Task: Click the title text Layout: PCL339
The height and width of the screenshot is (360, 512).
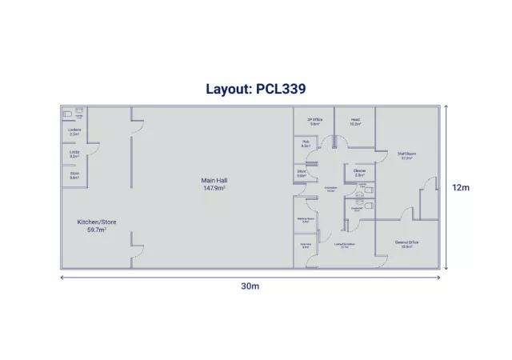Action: click(x=255, y=89)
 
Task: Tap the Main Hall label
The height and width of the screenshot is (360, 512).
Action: click(x=213, y=181)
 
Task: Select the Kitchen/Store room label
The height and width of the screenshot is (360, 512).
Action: click(x=91, y=222)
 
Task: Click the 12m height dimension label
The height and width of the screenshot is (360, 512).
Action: click(x=460, y=187)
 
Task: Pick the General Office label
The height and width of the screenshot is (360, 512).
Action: click(x=407, y=242)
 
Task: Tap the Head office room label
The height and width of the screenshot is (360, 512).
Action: click(x=355, y=120)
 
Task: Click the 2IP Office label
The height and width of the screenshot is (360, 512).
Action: click(x=314, y=120)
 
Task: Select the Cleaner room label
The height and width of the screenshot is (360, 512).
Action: click(x=360, y=170)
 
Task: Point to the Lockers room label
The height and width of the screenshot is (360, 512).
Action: click(x=74, y=130)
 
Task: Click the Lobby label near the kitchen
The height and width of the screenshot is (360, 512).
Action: click(x=74, y=150)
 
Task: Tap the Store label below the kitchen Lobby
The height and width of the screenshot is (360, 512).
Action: click(x=74, y=173)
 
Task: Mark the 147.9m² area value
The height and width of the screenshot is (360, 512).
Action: click(x=213, y=188)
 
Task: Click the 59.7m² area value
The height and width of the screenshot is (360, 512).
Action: click(x=91, y=229)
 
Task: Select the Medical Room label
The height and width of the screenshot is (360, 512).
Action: click(x=305, y=218)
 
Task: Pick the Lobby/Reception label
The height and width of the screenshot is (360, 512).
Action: click(x=345, y=245)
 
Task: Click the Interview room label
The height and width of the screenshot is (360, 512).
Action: click(x=305, y=245)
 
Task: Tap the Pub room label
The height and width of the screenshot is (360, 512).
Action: click(x=306, y=142)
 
